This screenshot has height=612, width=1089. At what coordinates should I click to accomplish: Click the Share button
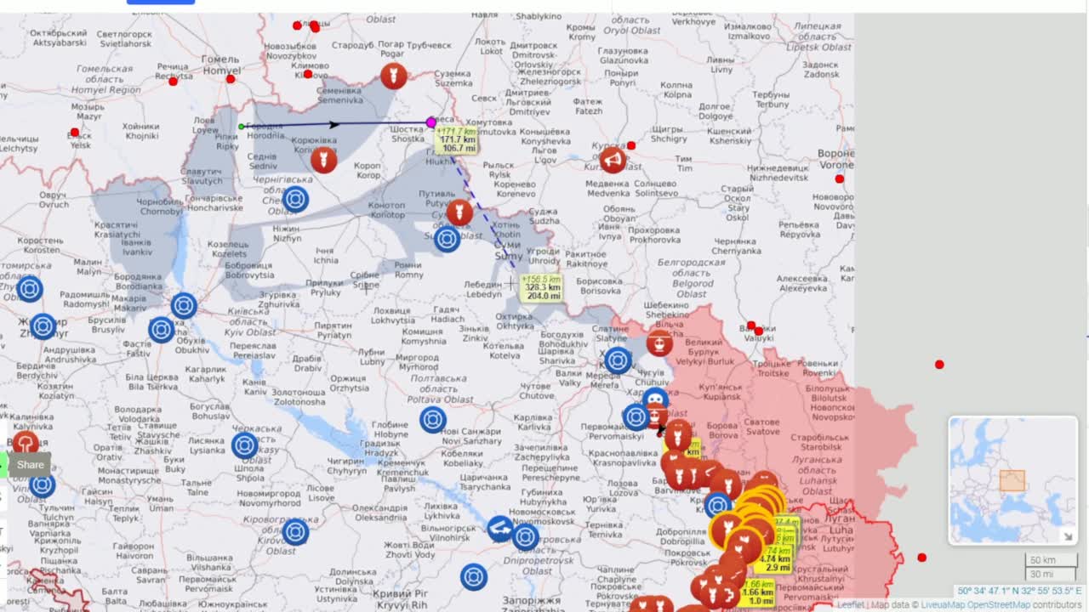[31, 465]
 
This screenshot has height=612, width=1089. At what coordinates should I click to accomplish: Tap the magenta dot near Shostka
[431, 122]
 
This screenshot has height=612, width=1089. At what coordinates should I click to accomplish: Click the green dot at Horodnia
[242, 127]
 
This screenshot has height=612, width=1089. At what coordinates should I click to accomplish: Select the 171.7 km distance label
[457, 140]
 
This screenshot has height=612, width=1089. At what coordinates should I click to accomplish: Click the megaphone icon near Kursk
[613, 159]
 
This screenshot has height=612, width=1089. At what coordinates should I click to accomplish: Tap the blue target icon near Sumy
[448, 239]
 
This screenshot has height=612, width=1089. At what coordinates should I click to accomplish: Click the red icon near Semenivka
[392, 76]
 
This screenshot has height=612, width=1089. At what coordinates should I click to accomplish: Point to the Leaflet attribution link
[851, 605]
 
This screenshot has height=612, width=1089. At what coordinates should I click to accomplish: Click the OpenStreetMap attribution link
[998, 605]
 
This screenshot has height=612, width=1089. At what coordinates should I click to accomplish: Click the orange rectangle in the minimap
[1012, 480]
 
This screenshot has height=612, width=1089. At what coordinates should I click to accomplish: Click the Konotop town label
[386, 210]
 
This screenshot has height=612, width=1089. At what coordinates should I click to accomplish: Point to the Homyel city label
[220, 65]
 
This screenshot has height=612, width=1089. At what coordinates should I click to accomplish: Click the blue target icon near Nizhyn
[295, 199]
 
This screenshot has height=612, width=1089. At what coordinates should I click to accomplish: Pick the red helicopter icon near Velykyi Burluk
[659, 343]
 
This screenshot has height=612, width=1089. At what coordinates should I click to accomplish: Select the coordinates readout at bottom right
[1019, 591]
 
